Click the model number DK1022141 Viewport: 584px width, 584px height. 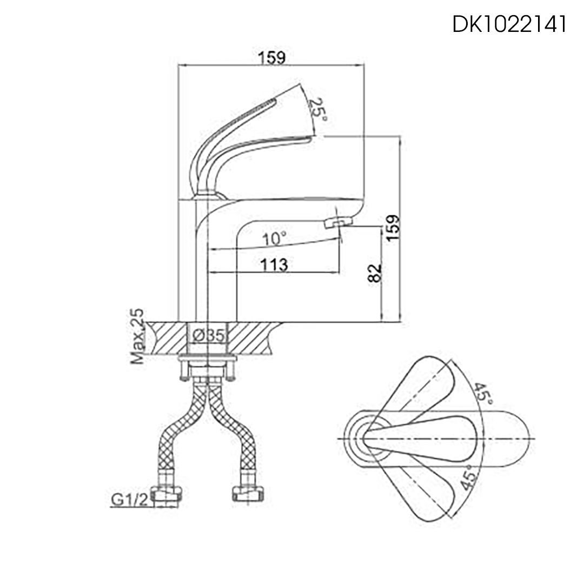coord(509,24)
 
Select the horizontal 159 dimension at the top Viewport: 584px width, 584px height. coord(271,57)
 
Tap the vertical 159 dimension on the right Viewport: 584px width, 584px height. coord(393,228)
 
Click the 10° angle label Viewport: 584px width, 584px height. coord(275,238)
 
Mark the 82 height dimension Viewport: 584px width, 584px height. coord(375,274)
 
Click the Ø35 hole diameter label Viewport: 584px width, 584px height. coord(208,336)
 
